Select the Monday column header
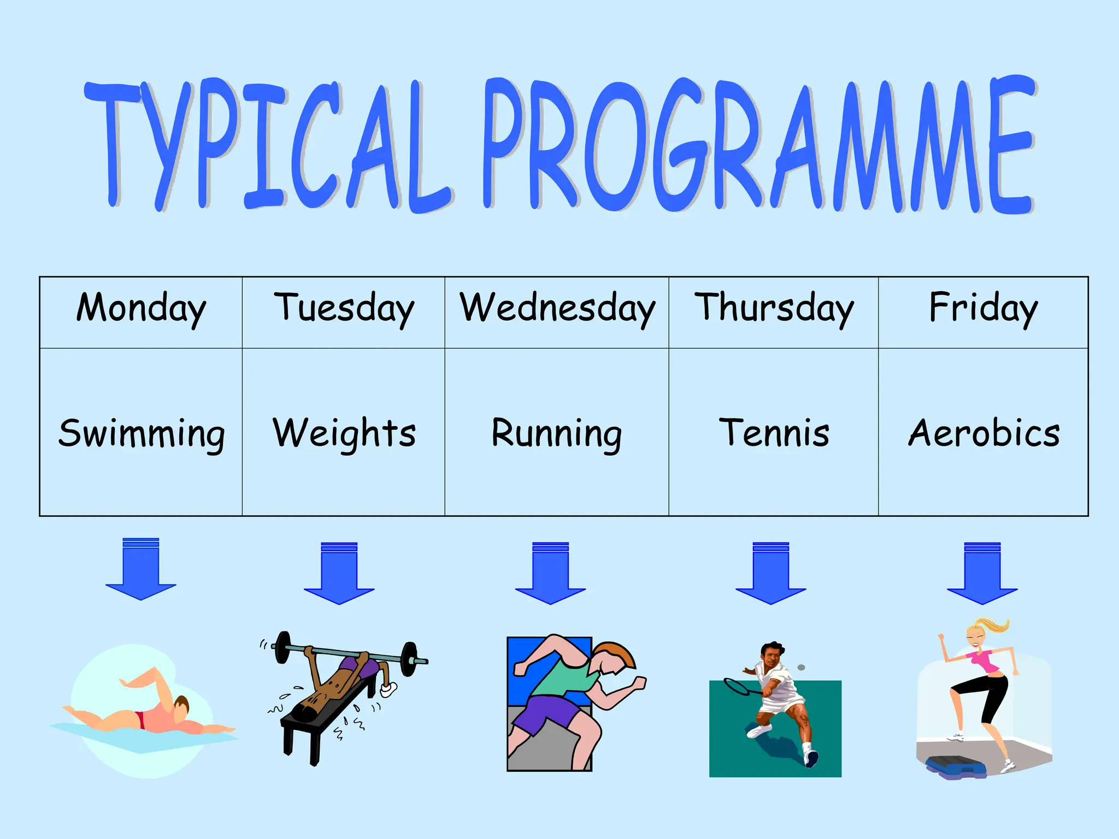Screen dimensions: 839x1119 pyautogui.click(x=141, y=309)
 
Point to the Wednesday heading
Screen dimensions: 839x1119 pyautogui.click(x=557, y=309)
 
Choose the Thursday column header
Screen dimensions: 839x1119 pyautogui.click(x=773, y=309)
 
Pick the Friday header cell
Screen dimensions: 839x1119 pyautogui.click(x=983, y=309)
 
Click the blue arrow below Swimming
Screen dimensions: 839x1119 pyautogui.click(x=141, y=571)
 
